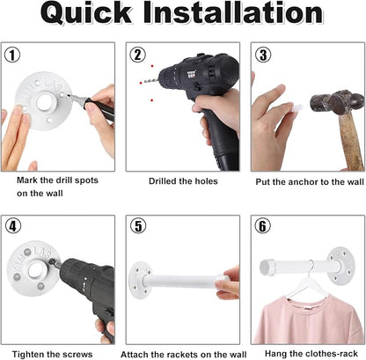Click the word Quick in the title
(86, 13)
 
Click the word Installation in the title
(233, 12)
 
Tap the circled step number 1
(12, 55)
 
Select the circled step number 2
(138, 55)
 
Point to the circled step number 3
(263, 55)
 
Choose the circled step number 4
(13, 226)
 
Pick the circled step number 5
(138, 226)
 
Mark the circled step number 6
(263, 226)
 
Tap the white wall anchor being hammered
(296, 107)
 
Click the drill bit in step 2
(150, 81)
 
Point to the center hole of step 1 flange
(45, 101)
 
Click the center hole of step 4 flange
(36, 270)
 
